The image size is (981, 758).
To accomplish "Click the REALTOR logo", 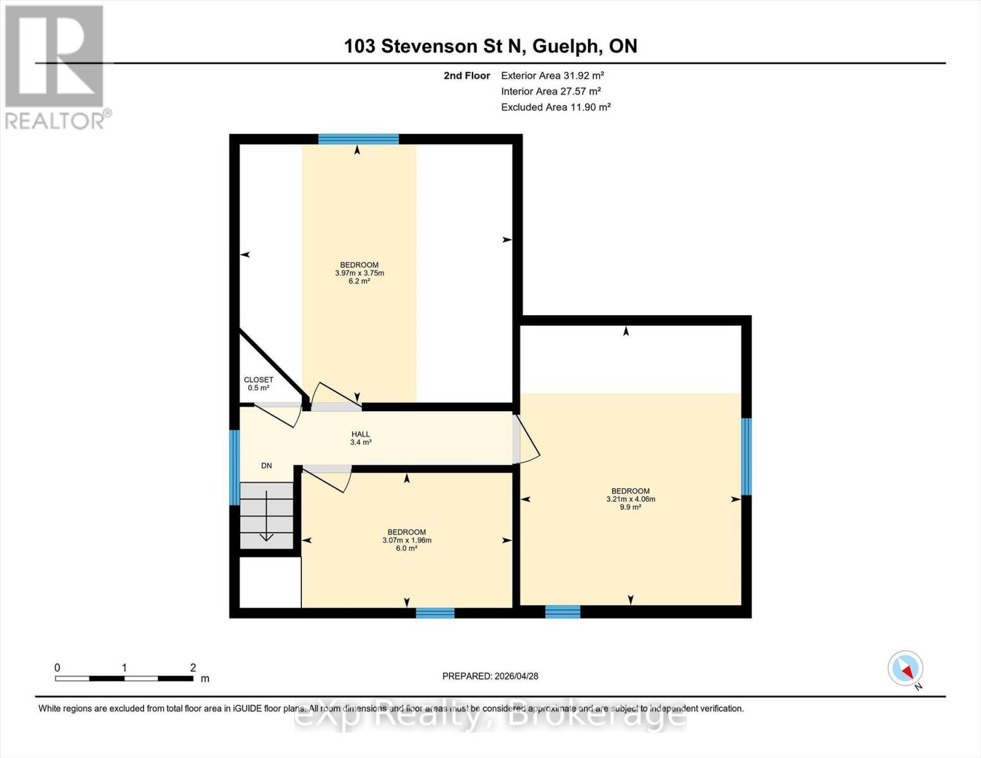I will (56, 67).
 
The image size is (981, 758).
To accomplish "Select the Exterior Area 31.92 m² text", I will (552, 76).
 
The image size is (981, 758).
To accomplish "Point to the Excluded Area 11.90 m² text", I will (555, 107).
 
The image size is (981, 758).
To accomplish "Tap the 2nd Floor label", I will (466, 76).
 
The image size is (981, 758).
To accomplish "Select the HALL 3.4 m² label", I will (361, 438).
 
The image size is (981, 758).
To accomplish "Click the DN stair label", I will (267, 466).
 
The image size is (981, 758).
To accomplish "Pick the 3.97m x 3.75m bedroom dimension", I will (359, 274).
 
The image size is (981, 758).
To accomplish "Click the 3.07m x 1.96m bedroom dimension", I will (407, 541).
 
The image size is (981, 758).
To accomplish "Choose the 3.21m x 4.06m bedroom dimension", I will (630, 499).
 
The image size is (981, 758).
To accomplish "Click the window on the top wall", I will (358, 140).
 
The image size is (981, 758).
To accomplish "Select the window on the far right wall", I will (745, 456).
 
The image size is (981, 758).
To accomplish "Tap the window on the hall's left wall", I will (234, 467).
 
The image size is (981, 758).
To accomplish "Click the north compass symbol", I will (906, 668).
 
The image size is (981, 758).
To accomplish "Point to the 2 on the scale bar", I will (193, 668).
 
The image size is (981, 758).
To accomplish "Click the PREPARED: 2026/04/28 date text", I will (490, 677).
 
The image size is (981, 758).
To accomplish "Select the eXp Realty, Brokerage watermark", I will (490, 716).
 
